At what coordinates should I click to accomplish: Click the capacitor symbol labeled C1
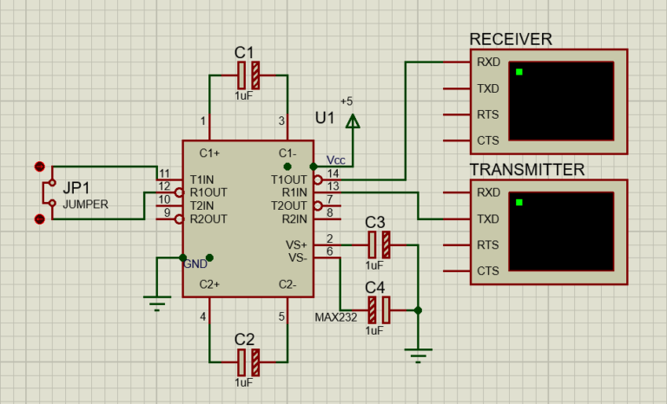pyautogui.click(x=248, y=75)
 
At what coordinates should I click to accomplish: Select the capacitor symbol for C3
pyautogui.click(x=380, y=244)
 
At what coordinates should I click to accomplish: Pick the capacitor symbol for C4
pyautogui.click(x=380, y=308)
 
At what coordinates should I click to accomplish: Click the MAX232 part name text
pyautogui.click(x=335, y=317)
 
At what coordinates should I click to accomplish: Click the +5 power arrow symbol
pyautogui.click(x=353, y=122)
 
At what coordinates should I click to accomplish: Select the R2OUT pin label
pyautogui.click(x=208, y=219)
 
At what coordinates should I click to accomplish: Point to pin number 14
pyautogui.click(x=331, y=173)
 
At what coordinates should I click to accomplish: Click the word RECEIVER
pyautogui.click(x=511, y=39)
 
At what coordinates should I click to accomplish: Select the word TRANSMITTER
pyautogui.click(x=527, y=169)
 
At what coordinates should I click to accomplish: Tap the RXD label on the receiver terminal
pyautogui.click(x=488, y=62)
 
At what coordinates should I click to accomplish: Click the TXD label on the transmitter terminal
pyautogui.click(x=488, y=219)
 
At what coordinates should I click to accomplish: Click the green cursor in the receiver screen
pyautogui.click(x=519, y=72)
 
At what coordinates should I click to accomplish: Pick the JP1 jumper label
pyautogui.click(x=76, y=186)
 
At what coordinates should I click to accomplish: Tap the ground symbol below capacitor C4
pyautogui.click(x=419, y=353)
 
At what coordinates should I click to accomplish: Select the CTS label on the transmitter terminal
pyautogui.click(x=488, y=271)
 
